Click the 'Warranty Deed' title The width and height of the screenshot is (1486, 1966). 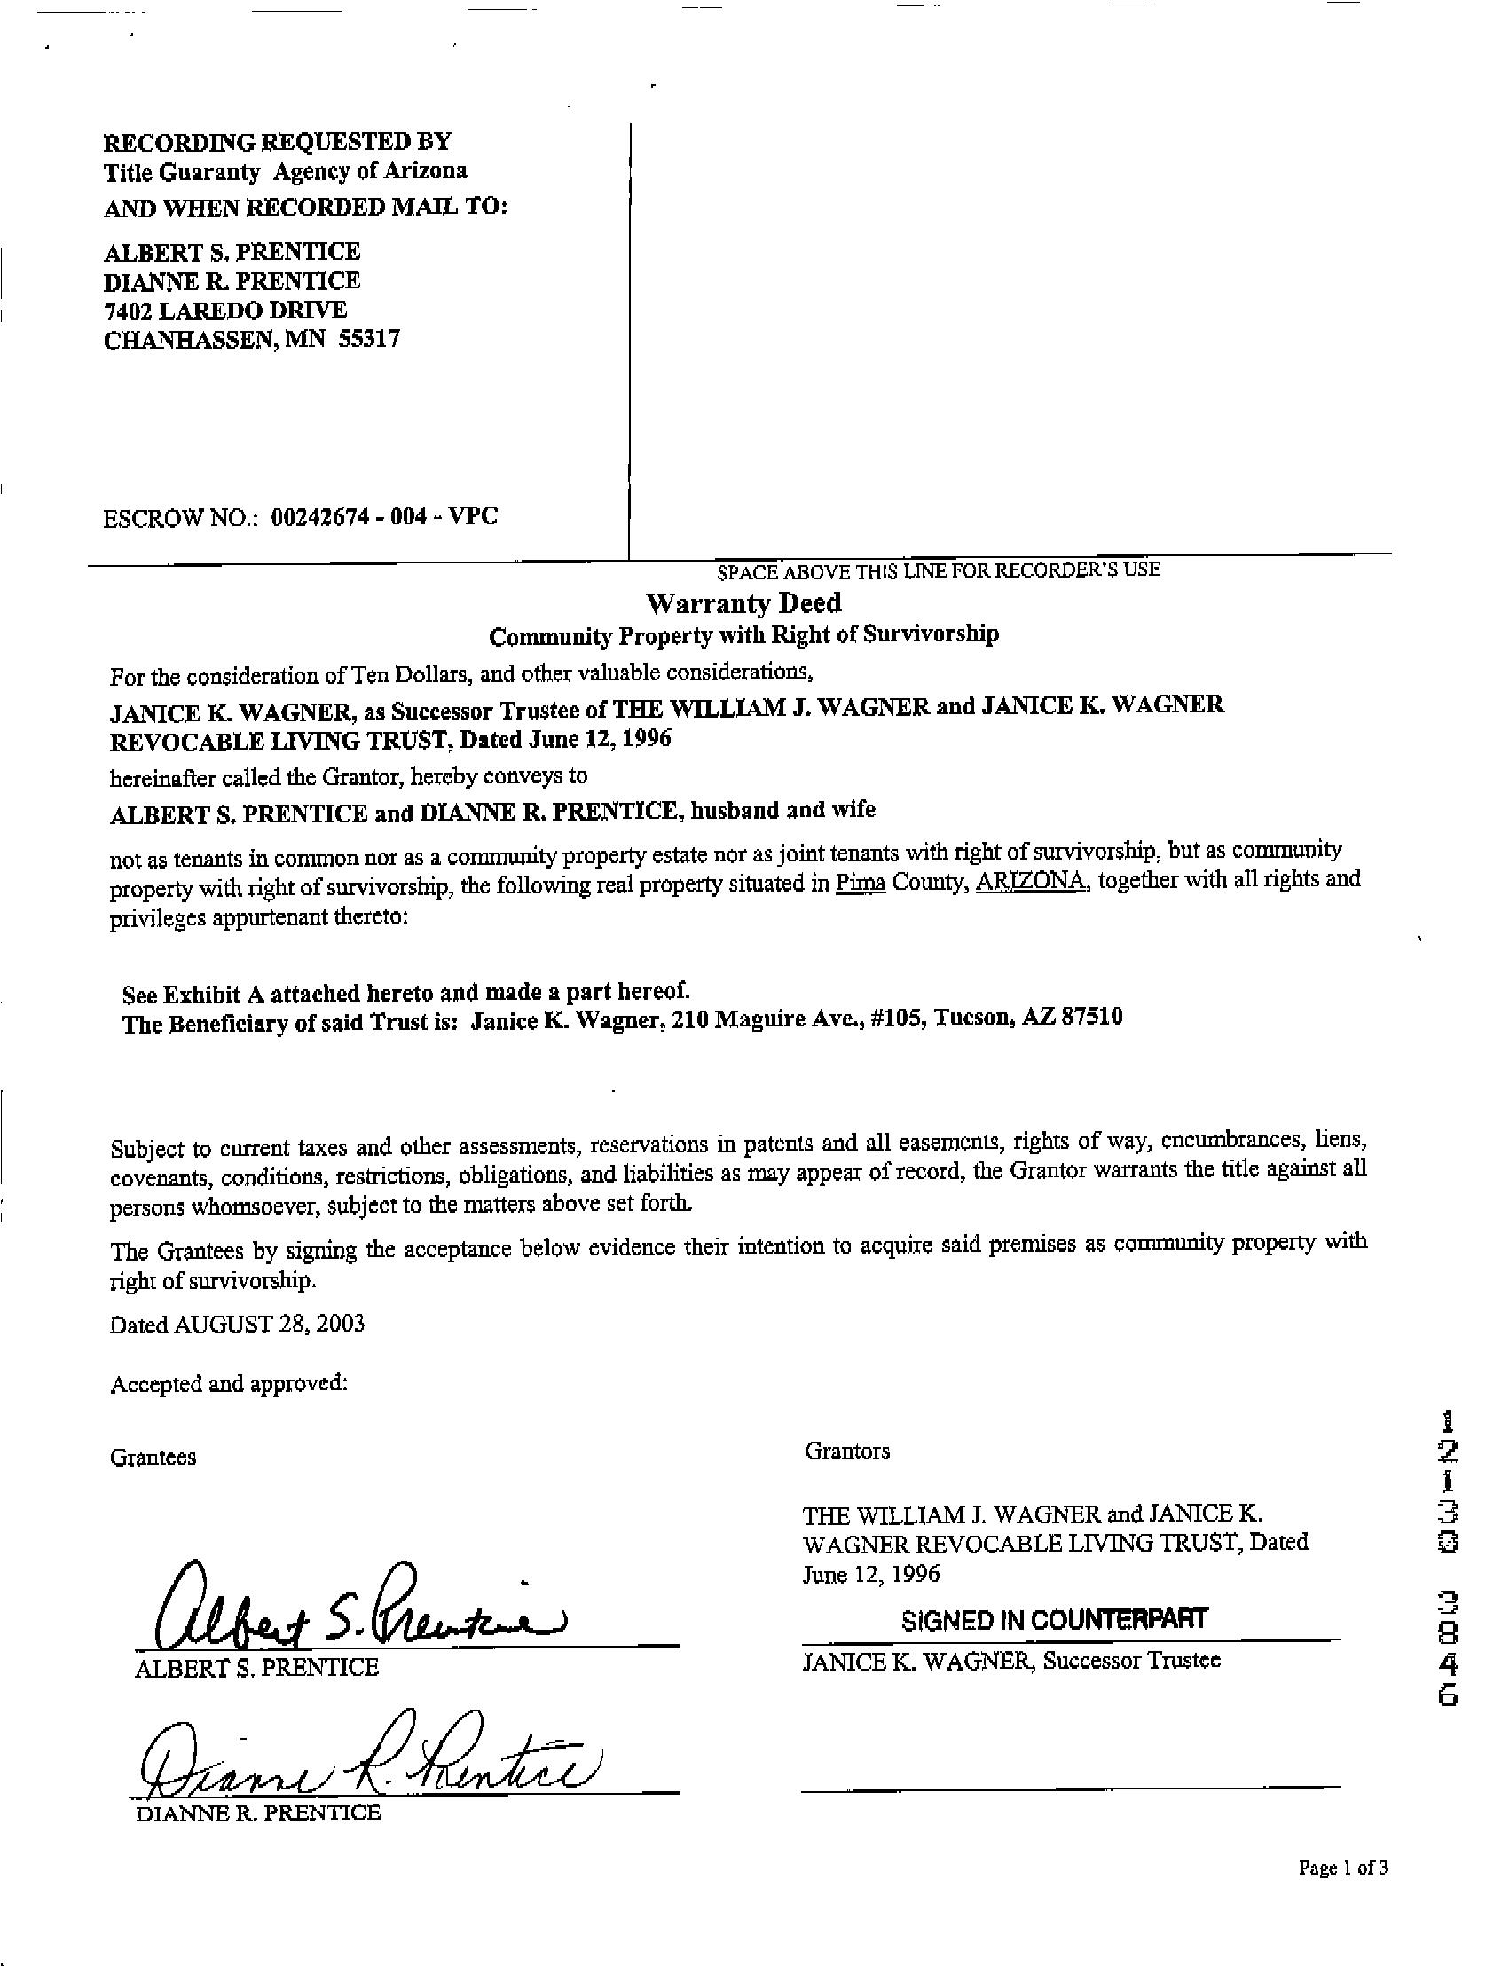pos(743,603)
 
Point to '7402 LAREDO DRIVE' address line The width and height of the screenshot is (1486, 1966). pos(225,311)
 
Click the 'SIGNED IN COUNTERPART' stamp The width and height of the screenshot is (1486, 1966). pos(1054,1619)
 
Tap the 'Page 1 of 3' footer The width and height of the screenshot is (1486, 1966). pos(1343,1868)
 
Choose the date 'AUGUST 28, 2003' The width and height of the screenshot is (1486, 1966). pos(270,1325)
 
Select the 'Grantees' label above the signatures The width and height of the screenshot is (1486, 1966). pos(153,1458)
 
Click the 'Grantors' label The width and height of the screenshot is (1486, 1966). pos(847,1451)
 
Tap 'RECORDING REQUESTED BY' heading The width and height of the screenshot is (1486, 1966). pos(279,141)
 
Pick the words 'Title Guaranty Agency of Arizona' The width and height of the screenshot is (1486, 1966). pos(286,171)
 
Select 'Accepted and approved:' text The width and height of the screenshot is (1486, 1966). pos(228,1384)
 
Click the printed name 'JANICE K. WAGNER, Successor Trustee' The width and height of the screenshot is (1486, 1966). pos(1011,1660)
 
